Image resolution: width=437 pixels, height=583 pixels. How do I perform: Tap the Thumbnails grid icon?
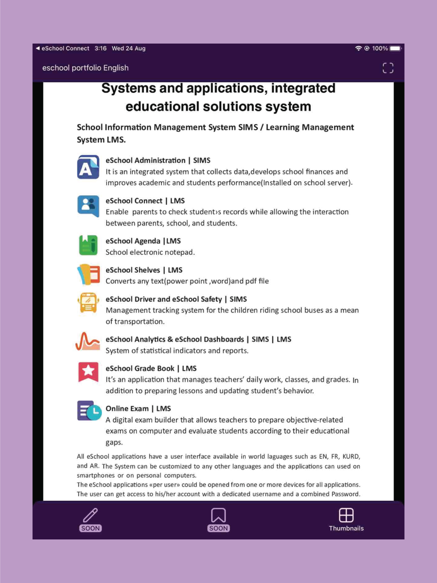tap(346, 515)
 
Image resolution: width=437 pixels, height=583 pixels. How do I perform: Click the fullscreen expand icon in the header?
tap(388, 68)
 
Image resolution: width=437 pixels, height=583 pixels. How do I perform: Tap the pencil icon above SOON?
tap(90, 515)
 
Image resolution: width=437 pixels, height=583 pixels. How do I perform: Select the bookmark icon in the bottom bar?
tap(218, 515)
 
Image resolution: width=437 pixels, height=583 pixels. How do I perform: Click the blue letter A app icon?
tap(88, 167)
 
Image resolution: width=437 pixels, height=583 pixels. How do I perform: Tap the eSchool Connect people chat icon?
tap(88, 206)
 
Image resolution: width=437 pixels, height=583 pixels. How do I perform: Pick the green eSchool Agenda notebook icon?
tap(88, 245)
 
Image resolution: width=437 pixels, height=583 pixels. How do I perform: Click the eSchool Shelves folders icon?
tap(88, 274)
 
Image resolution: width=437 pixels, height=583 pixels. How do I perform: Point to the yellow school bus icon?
tap(88, 302)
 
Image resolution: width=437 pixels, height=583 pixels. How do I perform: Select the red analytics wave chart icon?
tap(88, 342)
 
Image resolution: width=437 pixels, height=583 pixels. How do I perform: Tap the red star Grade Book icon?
tap(88, 371)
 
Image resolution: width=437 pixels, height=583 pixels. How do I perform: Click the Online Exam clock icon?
tap(89, 411)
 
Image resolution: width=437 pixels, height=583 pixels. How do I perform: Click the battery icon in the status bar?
tap(395, 49)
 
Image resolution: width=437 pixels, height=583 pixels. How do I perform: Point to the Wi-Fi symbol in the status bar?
tap(358, 49)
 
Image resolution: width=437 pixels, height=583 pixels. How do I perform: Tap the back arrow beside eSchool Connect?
tap(38, 49)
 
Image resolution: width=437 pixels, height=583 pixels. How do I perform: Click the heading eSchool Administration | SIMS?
tap(158, 160)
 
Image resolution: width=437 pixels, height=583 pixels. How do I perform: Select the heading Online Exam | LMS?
tap(138, 409)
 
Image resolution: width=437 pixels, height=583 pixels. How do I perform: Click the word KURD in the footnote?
tap(350, 457)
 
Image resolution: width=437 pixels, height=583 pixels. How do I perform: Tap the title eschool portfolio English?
tap(85, 68)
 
